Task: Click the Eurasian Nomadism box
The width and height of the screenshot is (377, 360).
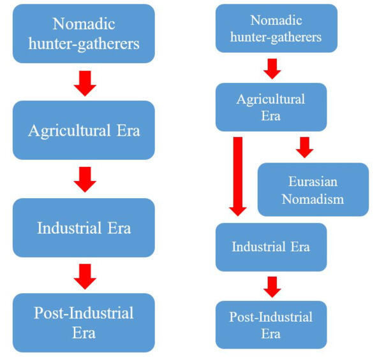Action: pos(313,189)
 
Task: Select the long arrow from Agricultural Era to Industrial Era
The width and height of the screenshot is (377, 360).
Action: pos(238,176)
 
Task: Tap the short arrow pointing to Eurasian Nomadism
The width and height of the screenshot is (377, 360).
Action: pos(305,147)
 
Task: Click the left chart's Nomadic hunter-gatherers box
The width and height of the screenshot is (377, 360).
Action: pos(84,34)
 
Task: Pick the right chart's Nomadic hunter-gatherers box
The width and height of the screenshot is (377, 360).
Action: pos(276,28)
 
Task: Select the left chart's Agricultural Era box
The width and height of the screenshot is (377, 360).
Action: pos(84,130)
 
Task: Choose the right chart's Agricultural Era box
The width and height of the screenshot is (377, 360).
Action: pos(271,107)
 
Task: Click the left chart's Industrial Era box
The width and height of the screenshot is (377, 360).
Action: pos(84,227)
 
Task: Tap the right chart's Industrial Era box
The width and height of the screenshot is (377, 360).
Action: pos(271,247)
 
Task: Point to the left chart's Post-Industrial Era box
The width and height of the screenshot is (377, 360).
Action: pos(84,323)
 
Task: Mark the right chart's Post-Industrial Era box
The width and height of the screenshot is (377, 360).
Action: pos(271,325)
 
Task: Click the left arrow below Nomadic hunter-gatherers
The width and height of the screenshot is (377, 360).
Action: pos(85,83)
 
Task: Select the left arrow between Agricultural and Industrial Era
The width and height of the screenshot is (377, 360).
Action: pos(85,180)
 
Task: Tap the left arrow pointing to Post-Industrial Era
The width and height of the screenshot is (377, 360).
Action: pos(85,277)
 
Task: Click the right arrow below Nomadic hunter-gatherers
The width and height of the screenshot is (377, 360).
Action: pos(272,69)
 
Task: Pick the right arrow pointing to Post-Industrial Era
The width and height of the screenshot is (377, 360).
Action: pos(272,287)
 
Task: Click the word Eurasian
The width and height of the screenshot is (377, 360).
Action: pos(313,182)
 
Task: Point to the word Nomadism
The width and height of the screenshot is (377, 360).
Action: pos(313,199)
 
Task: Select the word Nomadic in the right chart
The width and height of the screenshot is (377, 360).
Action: pos(276,20)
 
